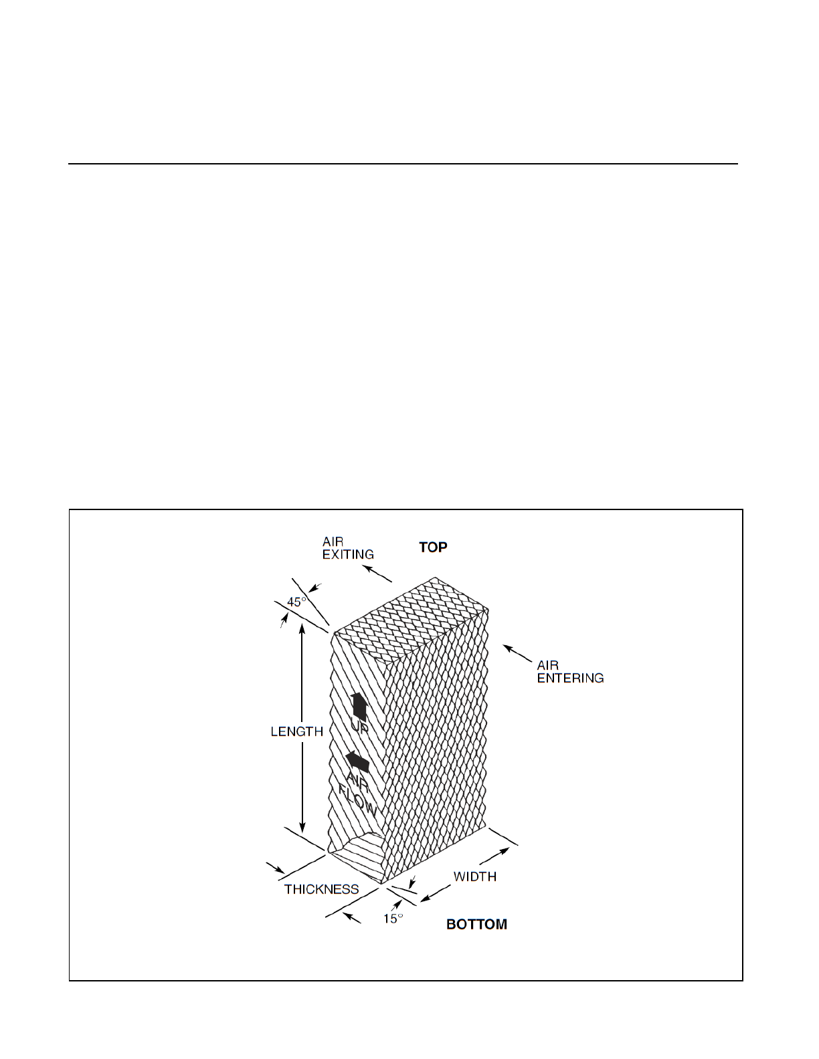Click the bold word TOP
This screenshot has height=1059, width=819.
pyautogui.click(x=433, y=548)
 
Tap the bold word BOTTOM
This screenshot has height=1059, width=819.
pyautogui.click(x=476, y=925)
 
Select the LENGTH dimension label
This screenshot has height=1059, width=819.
pyautogui.click(x=296, y=731)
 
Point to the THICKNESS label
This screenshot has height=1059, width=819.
pyautogui.click(x=321, y=889)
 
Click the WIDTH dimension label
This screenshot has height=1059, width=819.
pyautogui.click(x=474, y=876)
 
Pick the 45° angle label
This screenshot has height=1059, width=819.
pyautogui.click(x=296, y=602)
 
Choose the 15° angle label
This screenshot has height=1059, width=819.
pyautogui.click(x=393, y=919)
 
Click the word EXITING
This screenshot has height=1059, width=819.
pyautogui.click(x=348, y=554)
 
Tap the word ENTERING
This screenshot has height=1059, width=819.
pyautogui.click(x=570, y=678)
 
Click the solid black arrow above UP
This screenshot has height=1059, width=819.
pyautogui.click(x=359, y=706)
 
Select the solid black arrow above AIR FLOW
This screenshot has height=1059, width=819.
pyautogui.click(x=358, y=761)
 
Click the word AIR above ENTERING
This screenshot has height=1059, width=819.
pyautogui.click(x=547, y=665)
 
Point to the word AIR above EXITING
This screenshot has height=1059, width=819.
pyautogui.click(x=333, y=542)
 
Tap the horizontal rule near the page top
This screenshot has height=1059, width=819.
pyautogui.click(x=402, y=163)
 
